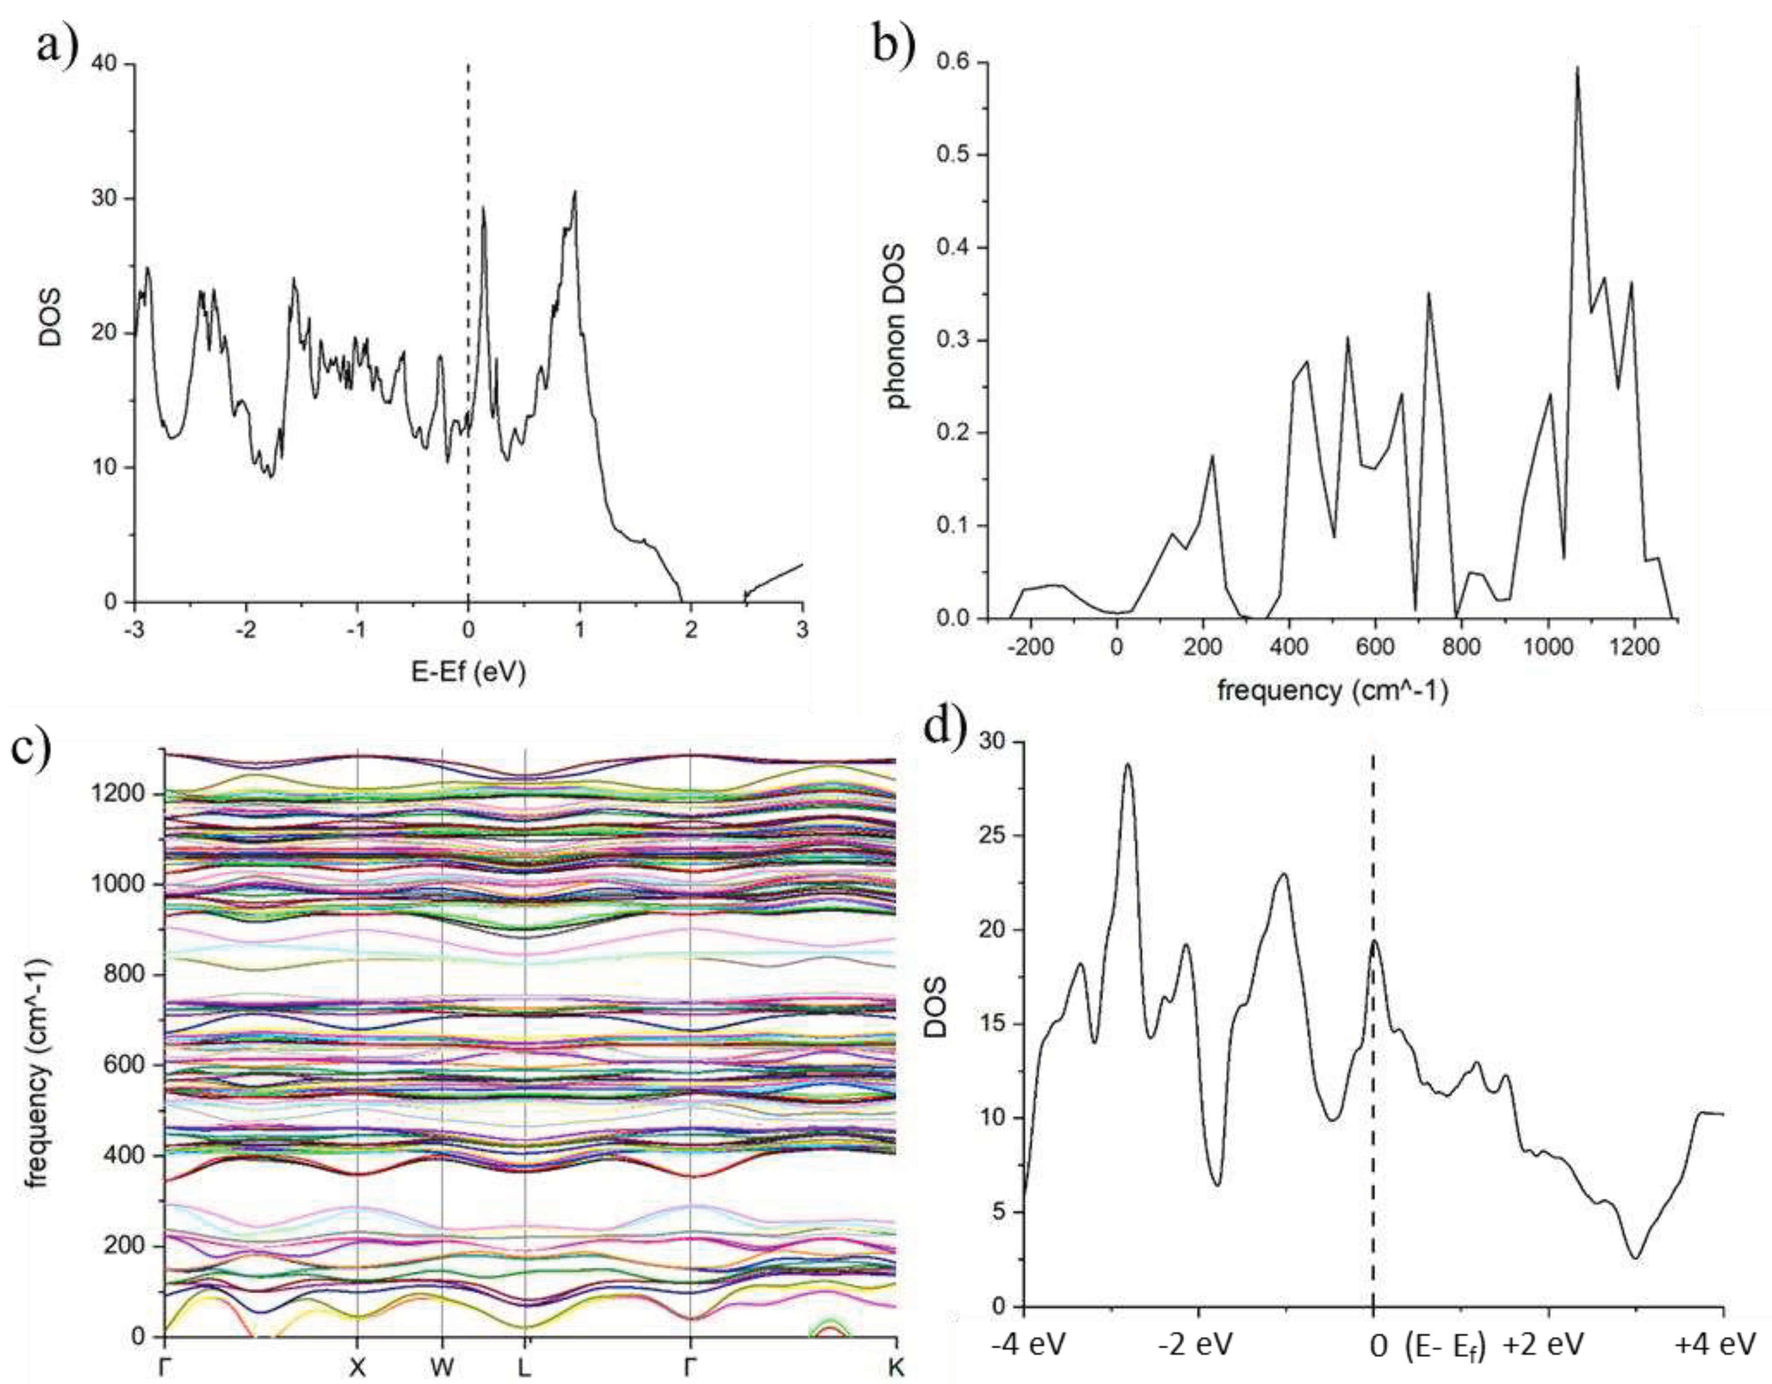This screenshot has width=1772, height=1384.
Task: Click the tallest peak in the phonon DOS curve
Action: pos(1577,68)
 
